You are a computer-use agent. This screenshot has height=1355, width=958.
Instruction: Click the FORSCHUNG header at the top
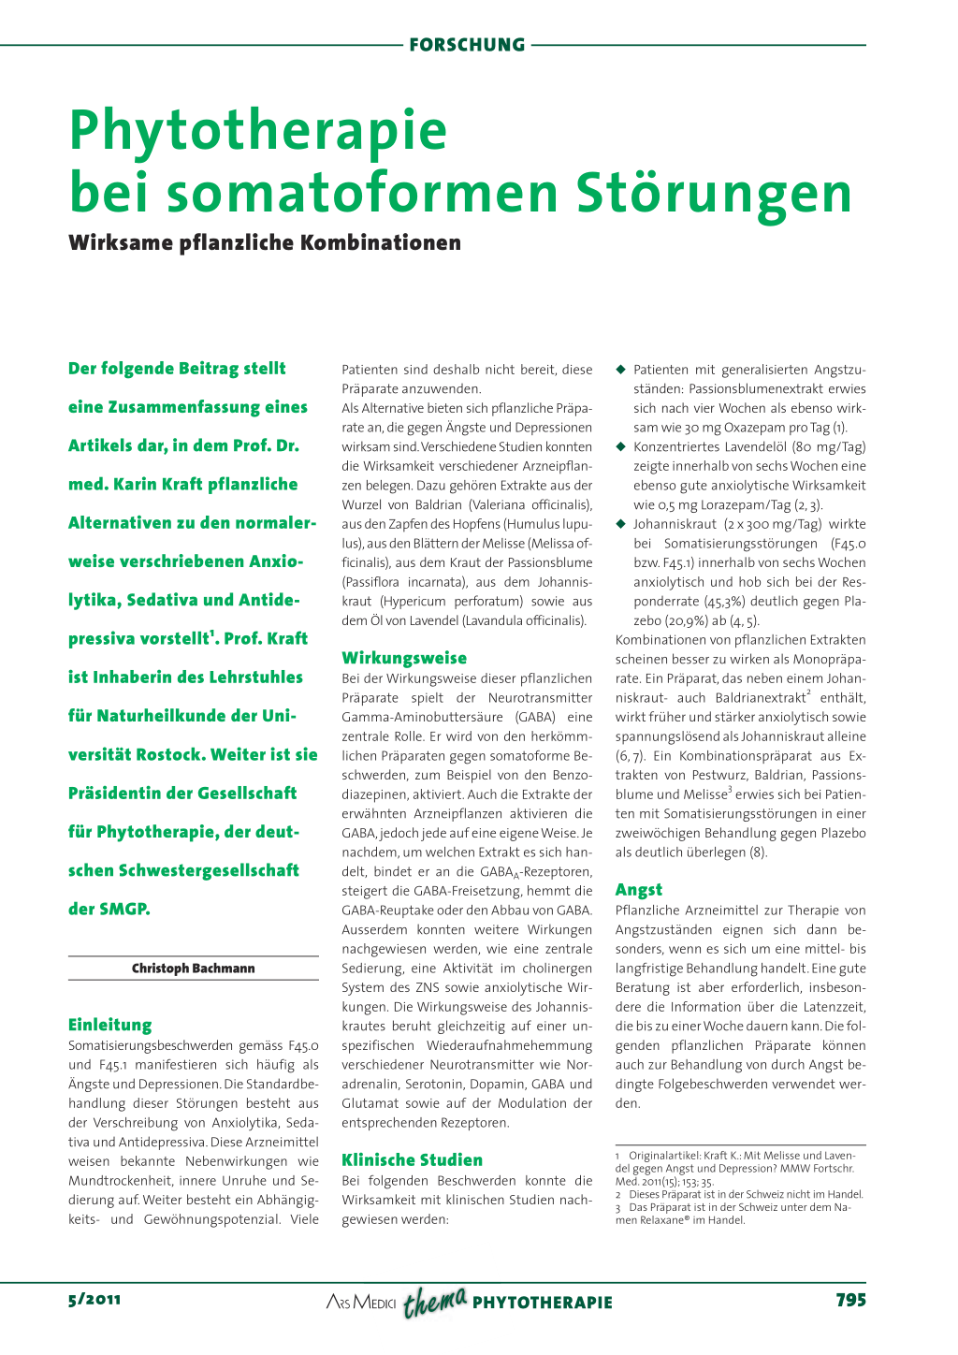pyautogui.click(x=467, y=45)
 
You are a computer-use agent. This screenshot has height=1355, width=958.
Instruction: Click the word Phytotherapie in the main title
pyautogui.click(x=258, y=131)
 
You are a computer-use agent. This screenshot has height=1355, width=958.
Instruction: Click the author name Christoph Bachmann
pyautogui.click(x=193, y=969)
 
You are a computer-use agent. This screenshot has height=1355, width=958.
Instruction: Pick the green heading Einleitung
pyautogui.click(x=109, y=1025)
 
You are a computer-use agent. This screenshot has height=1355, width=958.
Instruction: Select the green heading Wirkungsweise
pyautogui.click(x=404, y=658)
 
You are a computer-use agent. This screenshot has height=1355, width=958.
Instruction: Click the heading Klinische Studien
pyautogui.click(x=413, y=1159)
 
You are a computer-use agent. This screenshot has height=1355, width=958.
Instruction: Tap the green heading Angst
pyautogui.click(x=639, y=890)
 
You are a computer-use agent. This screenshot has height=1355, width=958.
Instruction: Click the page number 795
pyautogui.click(x=850, y=1300)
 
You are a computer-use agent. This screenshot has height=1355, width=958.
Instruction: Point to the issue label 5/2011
pyautogui.click(x=94, y=1300)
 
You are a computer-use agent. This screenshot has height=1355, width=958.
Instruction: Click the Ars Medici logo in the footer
pyautogui.click(x=361, y=1303)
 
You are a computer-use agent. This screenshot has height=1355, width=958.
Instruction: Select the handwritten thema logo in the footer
pyautogui.click(x=435, y=1301)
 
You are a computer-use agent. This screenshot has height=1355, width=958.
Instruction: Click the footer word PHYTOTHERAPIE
pyautogui.click(x=543, y=1303)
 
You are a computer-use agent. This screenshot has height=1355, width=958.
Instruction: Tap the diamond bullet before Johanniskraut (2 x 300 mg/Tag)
pyautogui.click(x=620, y=524)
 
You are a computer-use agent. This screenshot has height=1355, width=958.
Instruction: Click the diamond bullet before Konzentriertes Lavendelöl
pyautogui.click(x=620, y=446)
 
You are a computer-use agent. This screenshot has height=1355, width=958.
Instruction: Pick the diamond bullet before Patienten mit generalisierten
pyautogui.click(x=620, y=370)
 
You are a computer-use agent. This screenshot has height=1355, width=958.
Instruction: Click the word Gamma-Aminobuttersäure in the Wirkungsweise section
pyautogui.click(x=425, y=717)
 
